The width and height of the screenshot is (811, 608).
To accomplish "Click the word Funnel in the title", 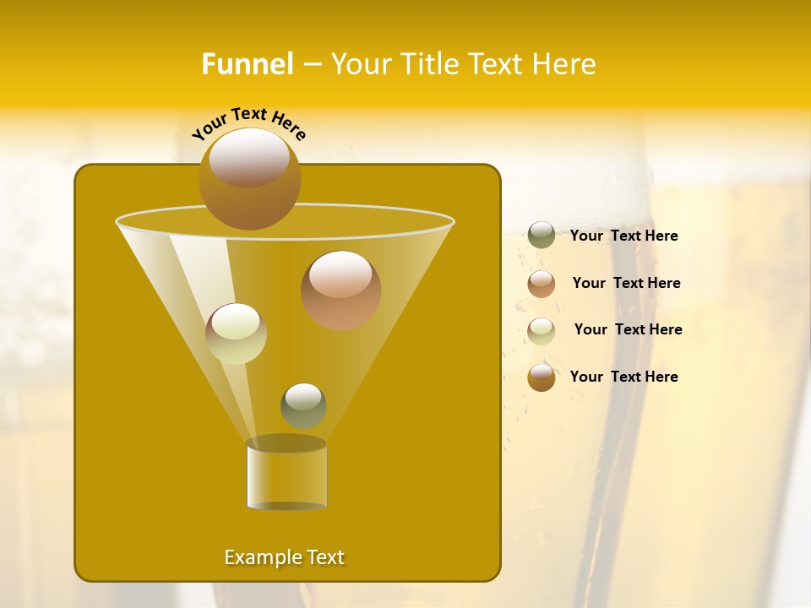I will click(x=247, y=64).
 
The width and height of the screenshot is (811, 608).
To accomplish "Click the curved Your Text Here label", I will click(x=249, y=123).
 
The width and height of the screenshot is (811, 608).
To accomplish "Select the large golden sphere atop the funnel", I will click(x=249, y=178).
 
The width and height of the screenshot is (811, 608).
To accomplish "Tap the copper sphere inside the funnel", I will click(x=340, y=290).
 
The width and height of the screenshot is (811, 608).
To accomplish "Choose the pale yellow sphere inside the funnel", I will click(x=236, y=334).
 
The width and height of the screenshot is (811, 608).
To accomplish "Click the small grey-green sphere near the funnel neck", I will click(x=303, y=405).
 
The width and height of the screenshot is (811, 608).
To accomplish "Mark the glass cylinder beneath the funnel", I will click(x=286, y=475).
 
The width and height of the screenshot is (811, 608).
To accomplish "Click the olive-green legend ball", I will click(x=542, y=236).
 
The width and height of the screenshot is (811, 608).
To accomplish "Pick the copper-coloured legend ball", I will click(x=542, y=284).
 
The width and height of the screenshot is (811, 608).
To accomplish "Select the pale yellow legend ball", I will click(x=542, y=331).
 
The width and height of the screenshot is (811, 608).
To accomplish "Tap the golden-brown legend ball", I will click(x=542, y=377).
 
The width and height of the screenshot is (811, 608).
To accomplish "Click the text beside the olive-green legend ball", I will click(x=623, y=236).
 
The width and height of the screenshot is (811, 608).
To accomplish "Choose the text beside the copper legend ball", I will click(x=626, y=283).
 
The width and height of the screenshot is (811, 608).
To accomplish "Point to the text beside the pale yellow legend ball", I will click(x=628, y=329).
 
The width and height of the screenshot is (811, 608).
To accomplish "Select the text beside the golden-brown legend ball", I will click(x=623, y=377).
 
